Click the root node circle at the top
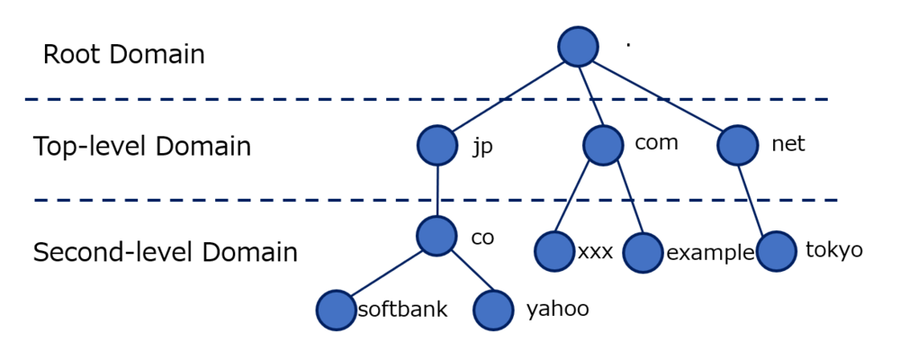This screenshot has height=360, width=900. click(578, 46)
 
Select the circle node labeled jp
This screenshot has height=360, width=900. click(437, 145)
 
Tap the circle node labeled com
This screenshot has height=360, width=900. click(603, 144)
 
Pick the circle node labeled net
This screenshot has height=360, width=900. click(738, 145)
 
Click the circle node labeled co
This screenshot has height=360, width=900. click(437, 236)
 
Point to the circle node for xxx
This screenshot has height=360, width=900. click(553, 251)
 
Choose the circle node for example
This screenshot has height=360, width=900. click(643, 253)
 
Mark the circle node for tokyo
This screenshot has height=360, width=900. click(776, 251)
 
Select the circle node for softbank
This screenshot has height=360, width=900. click(336, 310)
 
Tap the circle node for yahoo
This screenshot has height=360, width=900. click(493, 310)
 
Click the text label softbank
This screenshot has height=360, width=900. click(402, 310)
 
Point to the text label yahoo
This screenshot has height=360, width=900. click(557, 310)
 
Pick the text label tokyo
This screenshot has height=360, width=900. click(834, 250)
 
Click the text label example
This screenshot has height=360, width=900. click(710, 253)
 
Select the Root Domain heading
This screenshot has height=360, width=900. click(124, 55)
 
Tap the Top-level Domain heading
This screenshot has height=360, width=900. click(142, 147)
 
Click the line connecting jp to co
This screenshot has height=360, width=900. click(437, 191)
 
